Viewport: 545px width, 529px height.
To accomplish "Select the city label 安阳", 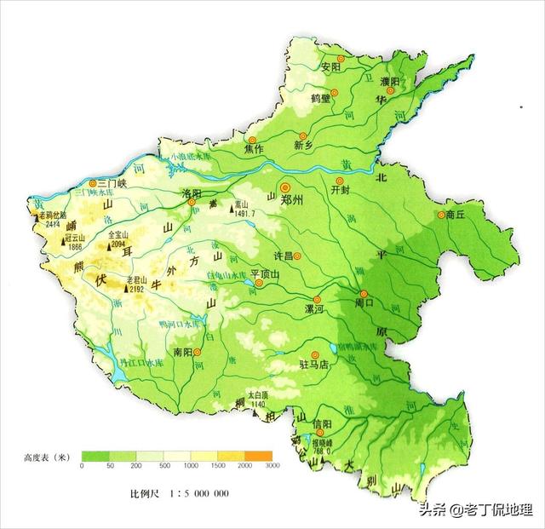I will (330, 66).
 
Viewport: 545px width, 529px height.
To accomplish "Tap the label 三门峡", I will (112, 182).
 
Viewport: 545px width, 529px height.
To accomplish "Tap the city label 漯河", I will (315, 310).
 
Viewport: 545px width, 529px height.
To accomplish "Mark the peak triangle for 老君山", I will (126, 289).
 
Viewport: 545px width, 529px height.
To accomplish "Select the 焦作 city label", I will (253, 149).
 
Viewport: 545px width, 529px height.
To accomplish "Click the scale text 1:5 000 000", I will (192, 493).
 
